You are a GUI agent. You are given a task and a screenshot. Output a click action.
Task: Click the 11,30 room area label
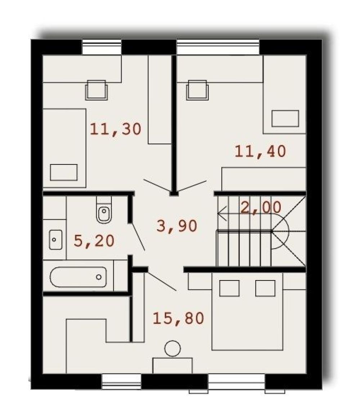pos(115,129)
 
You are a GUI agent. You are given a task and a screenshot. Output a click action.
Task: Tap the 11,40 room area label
pos(260,151)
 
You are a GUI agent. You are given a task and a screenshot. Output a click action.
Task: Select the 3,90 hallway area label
pos(177,226)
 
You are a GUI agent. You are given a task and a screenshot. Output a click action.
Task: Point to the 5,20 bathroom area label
pos(94,241)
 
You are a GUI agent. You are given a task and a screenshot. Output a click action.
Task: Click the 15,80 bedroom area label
pos(178,318)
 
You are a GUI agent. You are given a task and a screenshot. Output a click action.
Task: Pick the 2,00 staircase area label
pos(261,207)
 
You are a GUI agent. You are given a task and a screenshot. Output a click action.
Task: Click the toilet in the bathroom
pos(104,210)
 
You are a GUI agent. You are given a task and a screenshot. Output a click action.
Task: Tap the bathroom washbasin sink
pos(55,240)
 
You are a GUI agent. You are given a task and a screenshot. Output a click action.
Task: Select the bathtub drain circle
pos(99,277)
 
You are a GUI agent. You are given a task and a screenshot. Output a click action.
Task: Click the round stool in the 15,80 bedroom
pos(172,349)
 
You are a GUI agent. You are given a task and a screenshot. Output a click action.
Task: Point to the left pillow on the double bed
pos(229,288)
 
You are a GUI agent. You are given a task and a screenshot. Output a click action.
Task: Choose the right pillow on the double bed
pos(265,288)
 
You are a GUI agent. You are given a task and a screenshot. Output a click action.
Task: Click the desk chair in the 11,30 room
pos(96,90)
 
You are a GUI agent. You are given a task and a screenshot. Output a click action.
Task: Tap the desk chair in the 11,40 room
pos(197,90)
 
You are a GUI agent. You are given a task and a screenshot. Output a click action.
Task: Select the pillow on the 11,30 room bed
pos(64,172)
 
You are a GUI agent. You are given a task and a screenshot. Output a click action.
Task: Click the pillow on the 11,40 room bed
pos(285,118)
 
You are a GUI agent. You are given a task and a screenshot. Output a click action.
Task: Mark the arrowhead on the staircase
pos(222,213)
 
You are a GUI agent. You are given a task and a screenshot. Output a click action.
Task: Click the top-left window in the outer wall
pos(102,47)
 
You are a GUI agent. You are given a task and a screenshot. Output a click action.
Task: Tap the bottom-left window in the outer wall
pos(122,382)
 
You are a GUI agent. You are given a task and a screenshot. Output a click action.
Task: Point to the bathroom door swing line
pos(137,237)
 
